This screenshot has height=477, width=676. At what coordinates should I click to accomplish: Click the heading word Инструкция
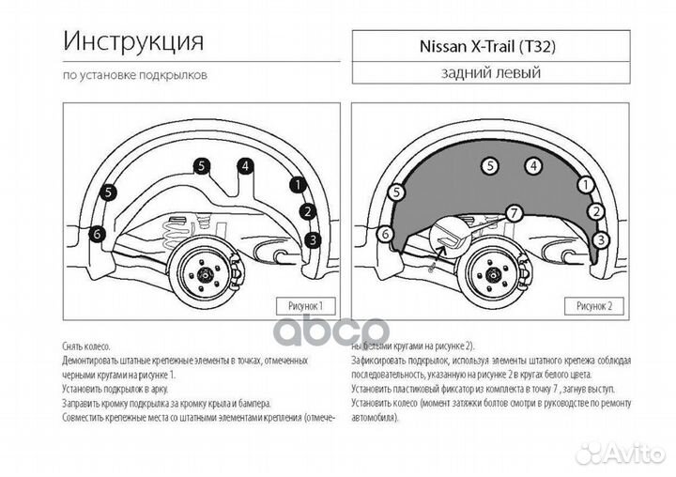[x=134, y=41]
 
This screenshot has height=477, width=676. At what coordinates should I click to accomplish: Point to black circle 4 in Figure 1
[x=245, y=166]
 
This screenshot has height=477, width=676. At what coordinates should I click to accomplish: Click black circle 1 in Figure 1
[x=298, y=185]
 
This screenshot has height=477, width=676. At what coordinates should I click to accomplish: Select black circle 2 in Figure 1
[x=307, y=211]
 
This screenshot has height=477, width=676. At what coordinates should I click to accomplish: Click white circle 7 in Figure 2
[x=513, y=212]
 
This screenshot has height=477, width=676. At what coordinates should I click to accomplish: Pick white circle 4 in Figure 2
[x=532, y=166]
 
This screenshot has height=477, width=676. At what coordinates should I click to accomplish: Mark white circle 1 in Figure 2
[x=585, y=185]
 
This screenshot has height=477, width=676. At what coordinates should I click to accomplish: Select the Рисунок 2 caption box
[x=593, y=305]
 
